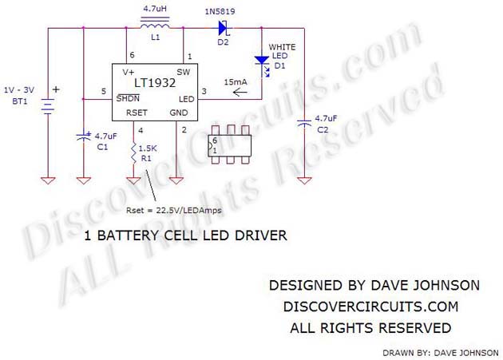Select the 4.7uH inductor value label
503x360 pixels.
(155, 10)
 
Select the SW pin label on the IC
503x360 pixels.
(183, 72)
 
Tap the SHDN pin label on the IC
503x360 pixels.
(126, 97)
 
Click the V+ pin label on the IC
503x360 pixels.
(128, 72)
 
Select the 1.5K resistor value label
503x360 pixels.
(148, 148)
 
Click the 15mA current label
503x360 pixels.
(236, 82)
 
